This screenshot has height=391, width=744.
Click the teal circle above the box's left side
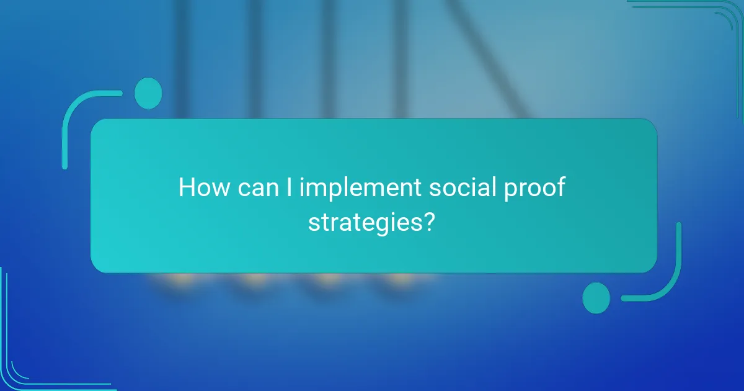[x=148, y=93]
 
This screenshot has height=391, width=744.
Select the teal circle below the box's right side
[x=596, y=297]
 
